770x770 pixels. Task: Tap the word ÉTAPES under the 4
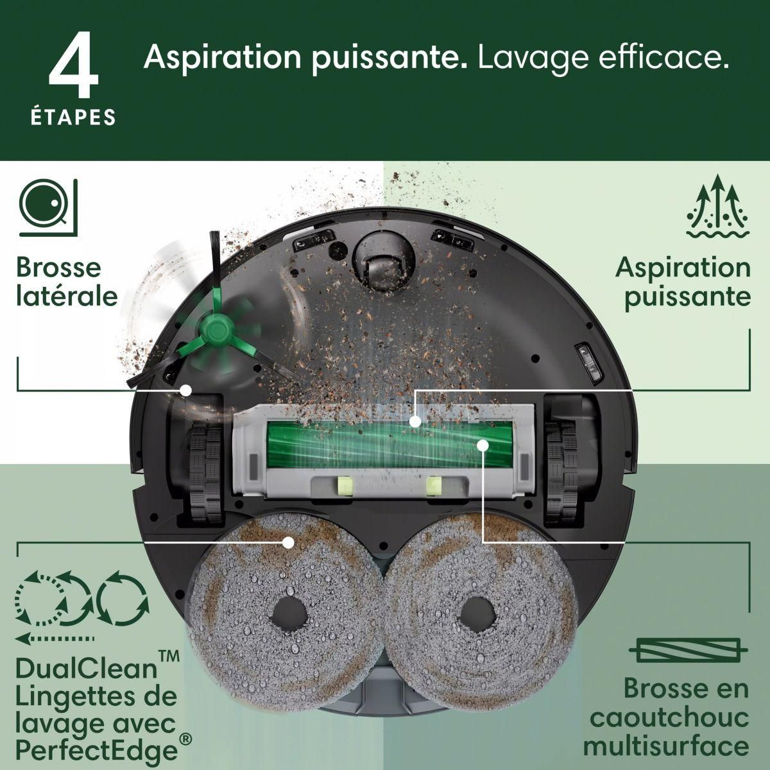tap(74, 117)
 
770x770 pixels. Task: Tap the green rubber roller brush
tap(379, 443)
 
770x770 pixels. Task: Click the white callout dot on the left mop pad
tap(288, 542)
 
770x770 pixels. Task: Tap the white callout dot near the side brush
tap(186, 389)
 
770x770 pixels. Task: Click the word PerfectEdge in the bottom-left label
tap(96, 750)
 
